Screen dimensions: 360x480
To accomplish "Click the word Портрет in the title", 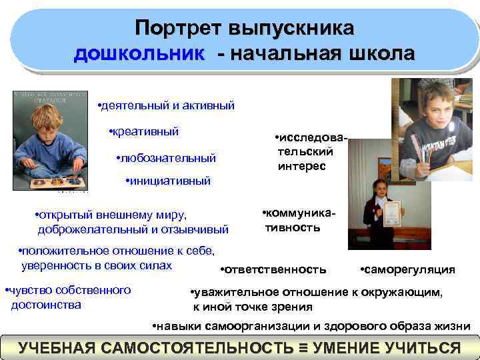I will coord(178,29).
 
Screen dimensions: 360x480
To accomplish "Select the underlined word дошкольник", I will coord(139,53).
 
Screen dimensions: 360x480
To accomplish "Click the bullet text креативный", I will coord(145,131).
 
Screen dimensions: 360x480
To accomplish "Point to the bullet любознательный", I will coord(168,158).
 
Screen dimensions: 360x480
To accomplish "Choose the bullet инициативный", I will coord(170,181).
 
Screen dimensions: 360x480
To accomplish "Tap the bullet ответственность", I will coord(275,269).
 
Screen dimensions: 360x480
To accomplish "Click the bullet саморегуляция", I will coord(409,269).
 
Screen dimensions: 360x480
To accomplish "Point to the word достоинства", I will coord(47,305).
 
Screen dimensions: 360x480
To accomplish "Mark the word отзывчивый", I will coord(197,229).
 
